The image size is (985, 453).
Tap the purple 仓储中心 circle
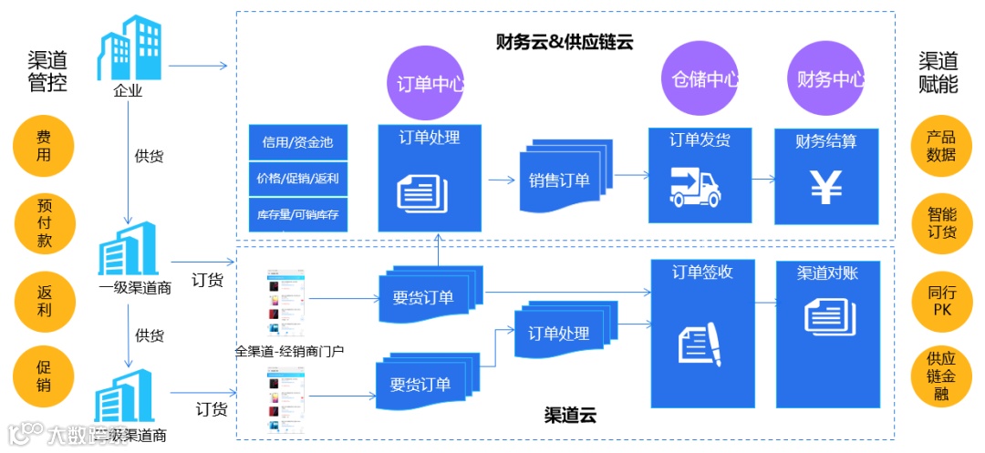pos(700,78)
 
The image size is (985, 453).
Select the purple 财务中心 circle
pos(826,79)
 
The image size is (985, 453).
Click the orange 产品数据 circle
pos(940,147)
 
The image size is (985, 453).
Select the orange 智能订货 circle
pos(940,224)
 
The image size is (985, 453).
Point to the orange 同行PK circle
pos(940,302)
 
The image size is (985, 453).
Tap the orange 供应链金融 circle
pos(940,376)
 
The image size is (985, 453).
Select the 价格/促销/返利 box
pos(298,179)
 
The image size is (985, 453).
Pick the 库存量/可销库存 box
pos(298,215)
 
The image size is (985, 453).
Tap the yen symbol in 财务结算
pos(826,187)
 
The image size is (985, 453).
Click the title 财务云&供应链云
pos(565,41)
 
